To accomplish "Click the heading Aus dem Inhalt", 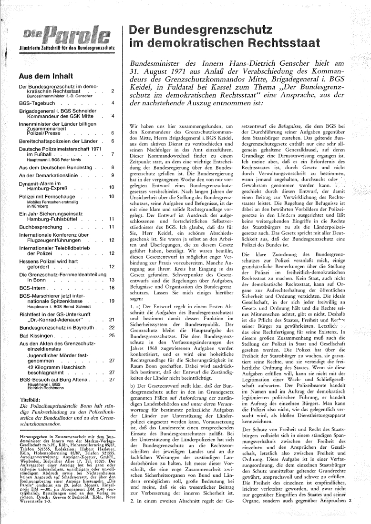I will (x=45, y=76).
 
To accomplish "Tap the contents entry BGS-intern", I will (x=32, y=288).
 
